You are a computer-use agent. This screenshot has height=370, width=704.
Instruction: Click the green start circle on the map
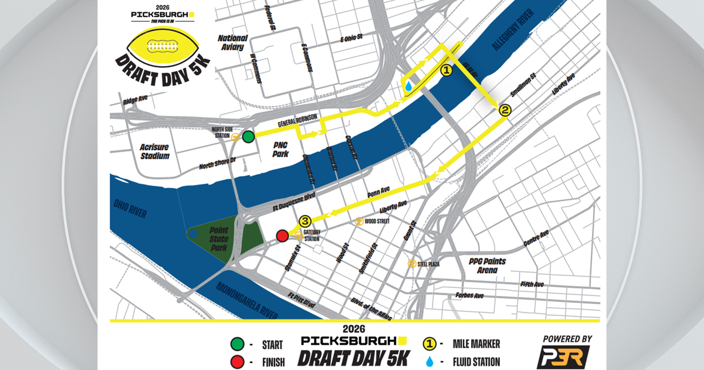point(248,137)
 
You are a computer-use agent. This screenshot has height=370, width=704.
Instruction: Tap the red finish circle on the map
point(282,236)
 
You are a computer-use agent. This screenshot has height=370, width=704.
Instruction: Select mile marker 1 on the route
point(446,70)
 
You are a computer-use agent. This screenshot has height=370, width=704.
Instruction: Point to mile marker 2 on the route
point(505,109)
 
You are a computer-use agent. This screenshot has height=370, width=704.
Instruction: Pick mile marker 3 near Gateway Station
point(305,221)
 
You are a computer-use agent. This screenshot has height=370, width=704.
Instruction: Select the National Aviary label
point(232,42)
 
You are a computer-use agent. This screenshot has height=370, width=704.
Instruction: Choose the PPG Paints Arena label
point(488,265)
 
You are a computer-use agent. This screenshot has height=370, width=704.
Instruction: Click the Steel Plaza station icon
point(412,264)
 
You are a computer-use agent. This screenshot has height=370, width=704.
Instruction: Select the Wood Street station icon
point(359,221)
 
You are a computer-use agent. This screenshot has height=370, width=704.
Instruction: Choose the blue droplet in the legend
point(430,361)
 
